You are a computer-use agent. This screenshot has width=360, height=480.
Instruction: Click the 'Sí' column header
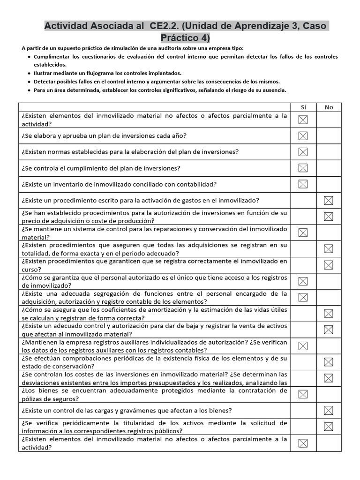coord(303,107)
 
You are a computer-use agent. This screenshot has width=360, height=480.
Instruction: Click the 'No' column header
coord(329,107)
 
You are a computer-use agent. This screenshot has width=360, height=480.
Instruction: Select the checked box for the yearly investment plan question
coord(303,136)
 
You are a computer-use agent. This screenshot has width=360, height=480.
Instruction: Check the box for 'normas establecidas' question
coord(303,152)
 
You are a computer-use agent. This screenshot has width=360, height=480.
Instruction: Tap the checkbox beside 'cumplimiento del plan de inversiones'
coord(303,168)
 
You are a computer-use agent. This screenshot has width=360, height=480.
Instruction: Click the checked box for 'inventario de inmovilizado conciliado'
coord(303,184)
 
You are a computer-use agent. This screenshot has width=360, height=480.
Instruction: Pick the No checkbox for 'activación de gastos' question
coord(329,201)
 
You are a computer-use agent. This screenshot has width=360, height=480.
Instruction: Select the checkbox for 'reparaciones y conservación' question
coord(303,233)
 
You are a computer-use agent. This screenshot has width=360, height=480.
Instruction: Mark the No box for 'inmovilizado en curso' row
coord(329,265)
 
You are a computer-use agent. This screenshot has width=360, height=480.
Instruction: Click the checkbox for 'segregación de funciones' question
coord(303,297)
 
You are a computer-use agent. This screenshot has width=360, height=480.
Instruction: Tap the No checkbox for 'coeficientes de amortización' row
coord(329,314)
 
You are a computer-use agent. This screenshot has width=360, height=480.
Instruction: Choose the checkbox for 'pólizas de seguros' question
coord(303,394)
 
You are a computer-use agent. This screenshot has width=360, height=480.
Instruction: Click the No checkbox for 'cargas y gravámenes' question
coord(329,411)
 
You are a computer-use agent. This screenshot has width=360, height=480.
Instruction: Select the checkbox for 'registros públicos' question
coord(329,427)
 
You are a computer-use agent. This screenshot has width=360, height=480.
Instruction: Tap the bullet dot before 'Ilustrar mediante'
coord(30,73)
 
